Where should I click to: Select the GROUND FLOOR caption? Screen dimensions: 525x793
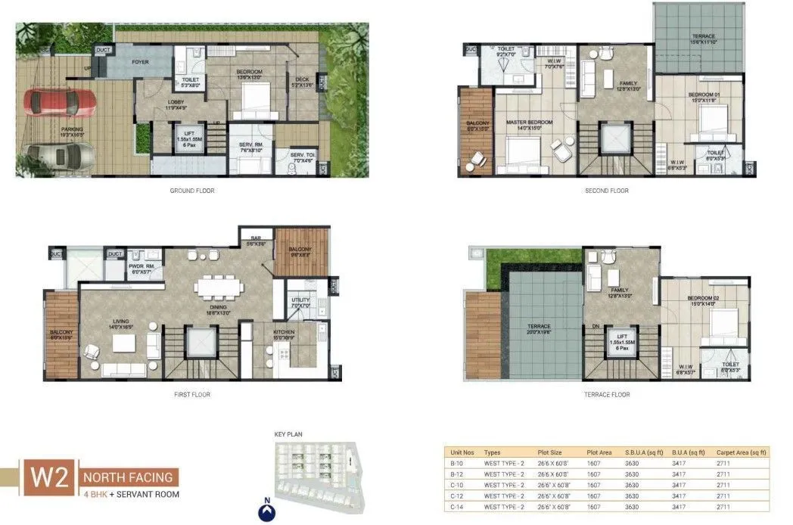coord(192,191)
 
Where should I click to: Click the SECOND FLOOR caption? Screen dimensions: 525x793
coord(607,191)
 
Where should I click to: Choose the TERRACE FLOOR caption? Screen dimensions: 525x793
coord(606,394)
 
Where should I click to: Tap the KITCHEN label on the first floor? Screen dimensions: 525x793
coord(285,332)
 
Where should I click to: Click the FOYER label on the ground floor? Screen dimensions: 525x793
coord(140,61)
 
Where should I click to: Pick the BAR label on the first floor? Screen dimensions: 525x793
coord(256,239)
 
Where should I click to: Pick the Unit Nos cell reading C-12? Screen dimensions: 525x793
coord(456,495)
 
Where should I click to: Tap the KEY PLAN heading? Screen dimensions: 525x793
coord(289,435)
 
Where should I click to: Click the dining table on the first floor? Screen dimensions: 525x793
coord(213,287)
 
